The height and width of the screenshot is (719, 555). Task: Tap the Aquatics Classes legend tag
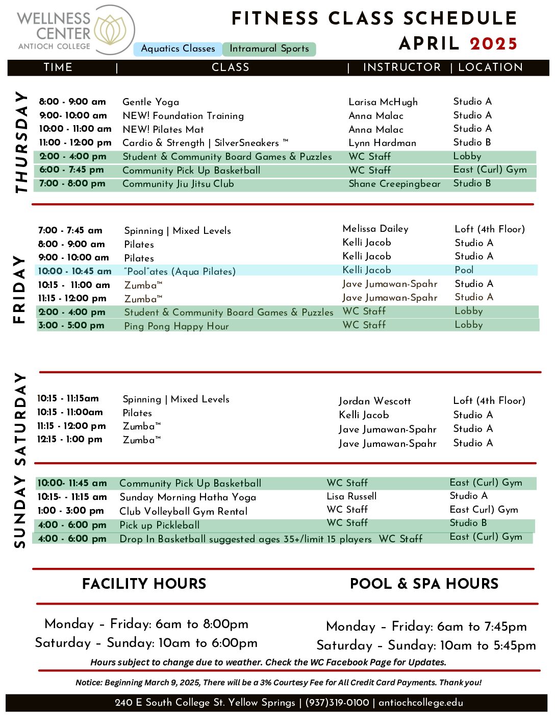pos(178,49)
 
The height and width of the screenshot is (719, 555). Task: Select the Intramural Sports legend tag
pos(269,49)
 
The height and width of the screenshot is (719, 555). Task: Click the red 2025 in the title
pos(493,44)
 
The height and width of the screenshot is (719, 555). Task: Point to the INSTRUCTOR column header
pos(401,67)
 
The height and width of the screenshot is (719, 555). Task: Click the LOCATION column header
pos(490,67)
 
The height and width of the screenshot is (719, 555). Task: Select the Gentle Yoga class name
pos(151,102)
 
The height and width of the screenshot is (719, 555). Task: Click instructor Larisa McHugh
pos(383,102)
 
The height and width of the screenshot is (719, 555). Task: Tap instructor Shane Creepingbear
pos(394,184)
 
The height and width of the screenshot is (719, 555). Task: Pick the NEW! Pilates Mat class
pos(163,130)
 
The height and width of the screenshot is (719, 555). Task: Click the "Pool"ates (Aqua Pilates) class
pos(180,271)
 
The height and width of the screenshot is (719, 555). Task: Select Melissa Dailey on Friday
pos(375,229)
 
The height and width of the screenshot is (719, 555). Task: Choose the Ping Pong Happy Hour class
pos(176,326)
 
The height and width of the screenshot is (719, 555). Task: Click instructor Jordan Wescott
pos(375,401)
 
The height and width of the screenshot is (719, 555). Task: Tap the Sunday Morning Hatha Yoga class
pos(188,497)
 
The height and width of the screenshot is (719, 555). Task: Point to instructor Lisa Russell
pos(351,496)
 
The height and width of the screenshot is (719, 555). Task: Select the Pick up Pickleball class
pos(160,525)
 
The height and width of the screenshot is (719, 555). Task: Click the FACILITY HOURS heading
pos(144,584)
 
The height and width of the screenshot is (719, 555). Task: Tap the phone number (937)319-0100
pos(337,703)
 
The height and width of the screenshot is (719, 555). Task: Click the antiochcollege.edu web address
pos(421,703)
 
